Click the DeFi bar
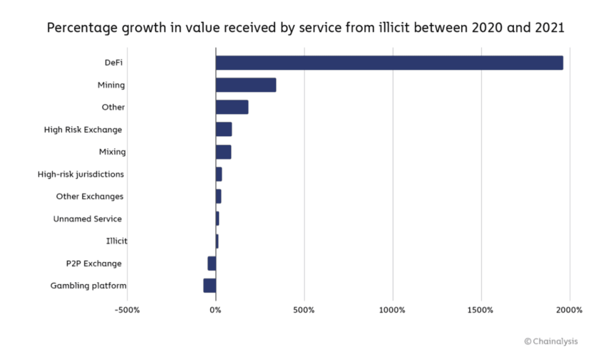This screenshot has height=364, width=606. pyautogui.click(x=389, y=63)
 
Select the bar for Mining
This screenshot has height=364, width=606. pyautogui.click(x=246, y=85)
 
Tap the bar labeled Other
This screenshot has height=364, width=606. pyautogui.click(x=232, y=108)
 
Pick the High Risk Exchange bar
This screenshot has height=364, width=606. pyautogui.click(x=224, y=130)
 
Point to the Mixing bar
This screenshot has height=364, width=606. pyautogui.click(x=223, y=152)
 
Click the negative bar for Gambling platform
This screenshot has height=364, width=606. pyautogui.click(x=210, y=286)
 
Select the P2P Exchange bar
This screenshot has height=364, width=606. pyautogui.click(x=212, y=264)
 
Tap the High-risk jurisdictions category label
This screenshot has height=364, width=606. pyautogui.click(x=81, y=174)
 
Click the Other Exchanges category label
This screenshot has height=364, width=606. pyautogui.click(x=90, y=197)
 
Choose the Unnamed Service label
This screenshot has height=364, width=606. pyautogui.click(x=87, y=219)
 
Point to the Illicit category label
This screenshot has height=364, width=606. pyautogui.click(x=116, y=241)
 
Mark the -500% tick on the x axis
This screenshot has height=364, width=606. pyautogui.click(x=128, y=310)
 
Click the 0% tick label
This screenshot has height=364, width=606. pyautogui.click(x=215, y=310)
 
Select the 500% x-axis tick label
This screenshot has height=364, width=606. pyautogui.click(x=304, y=310)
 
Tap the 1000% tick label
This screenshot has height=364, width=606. pyautogui.click(x=392, y=310)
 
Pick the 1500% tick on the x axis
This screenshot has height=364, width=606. pyautogui.click(x=481, y=310)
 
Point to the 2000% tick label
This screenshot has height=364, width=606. pyautogui.click(x=570, y=310)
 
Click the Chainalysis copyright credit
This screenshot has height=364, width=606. pyautogui.click(x=551, y=341)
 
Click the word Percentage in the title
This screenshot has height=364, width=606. pyautogui.click(x=80, y=28)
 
